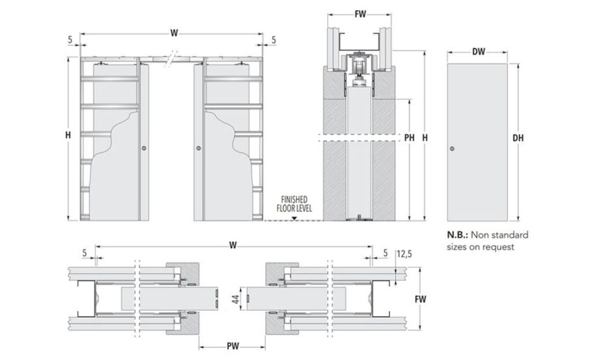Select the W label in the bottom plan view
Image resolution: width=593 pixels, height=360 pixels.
232,245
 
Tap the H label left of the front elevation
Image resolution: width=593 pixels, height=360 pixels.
68,135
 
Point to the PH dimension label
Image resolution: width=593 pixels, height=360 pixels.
409,138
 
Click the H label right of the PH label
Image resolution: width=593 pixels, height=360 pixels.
426,138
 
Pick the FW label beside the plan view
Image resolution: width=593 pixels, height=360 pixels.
421,300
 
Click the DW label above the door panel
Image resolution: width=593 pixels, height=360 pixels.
478,52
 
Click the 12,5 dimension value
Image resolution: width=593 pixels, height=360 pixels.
404,253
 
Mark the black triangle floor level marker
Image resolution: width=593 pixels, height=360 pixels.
295,218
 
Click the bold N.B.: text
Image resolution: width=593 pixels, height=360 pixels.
457,235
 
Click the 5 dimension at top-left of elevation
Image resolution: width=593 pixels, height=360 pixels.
69,40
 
